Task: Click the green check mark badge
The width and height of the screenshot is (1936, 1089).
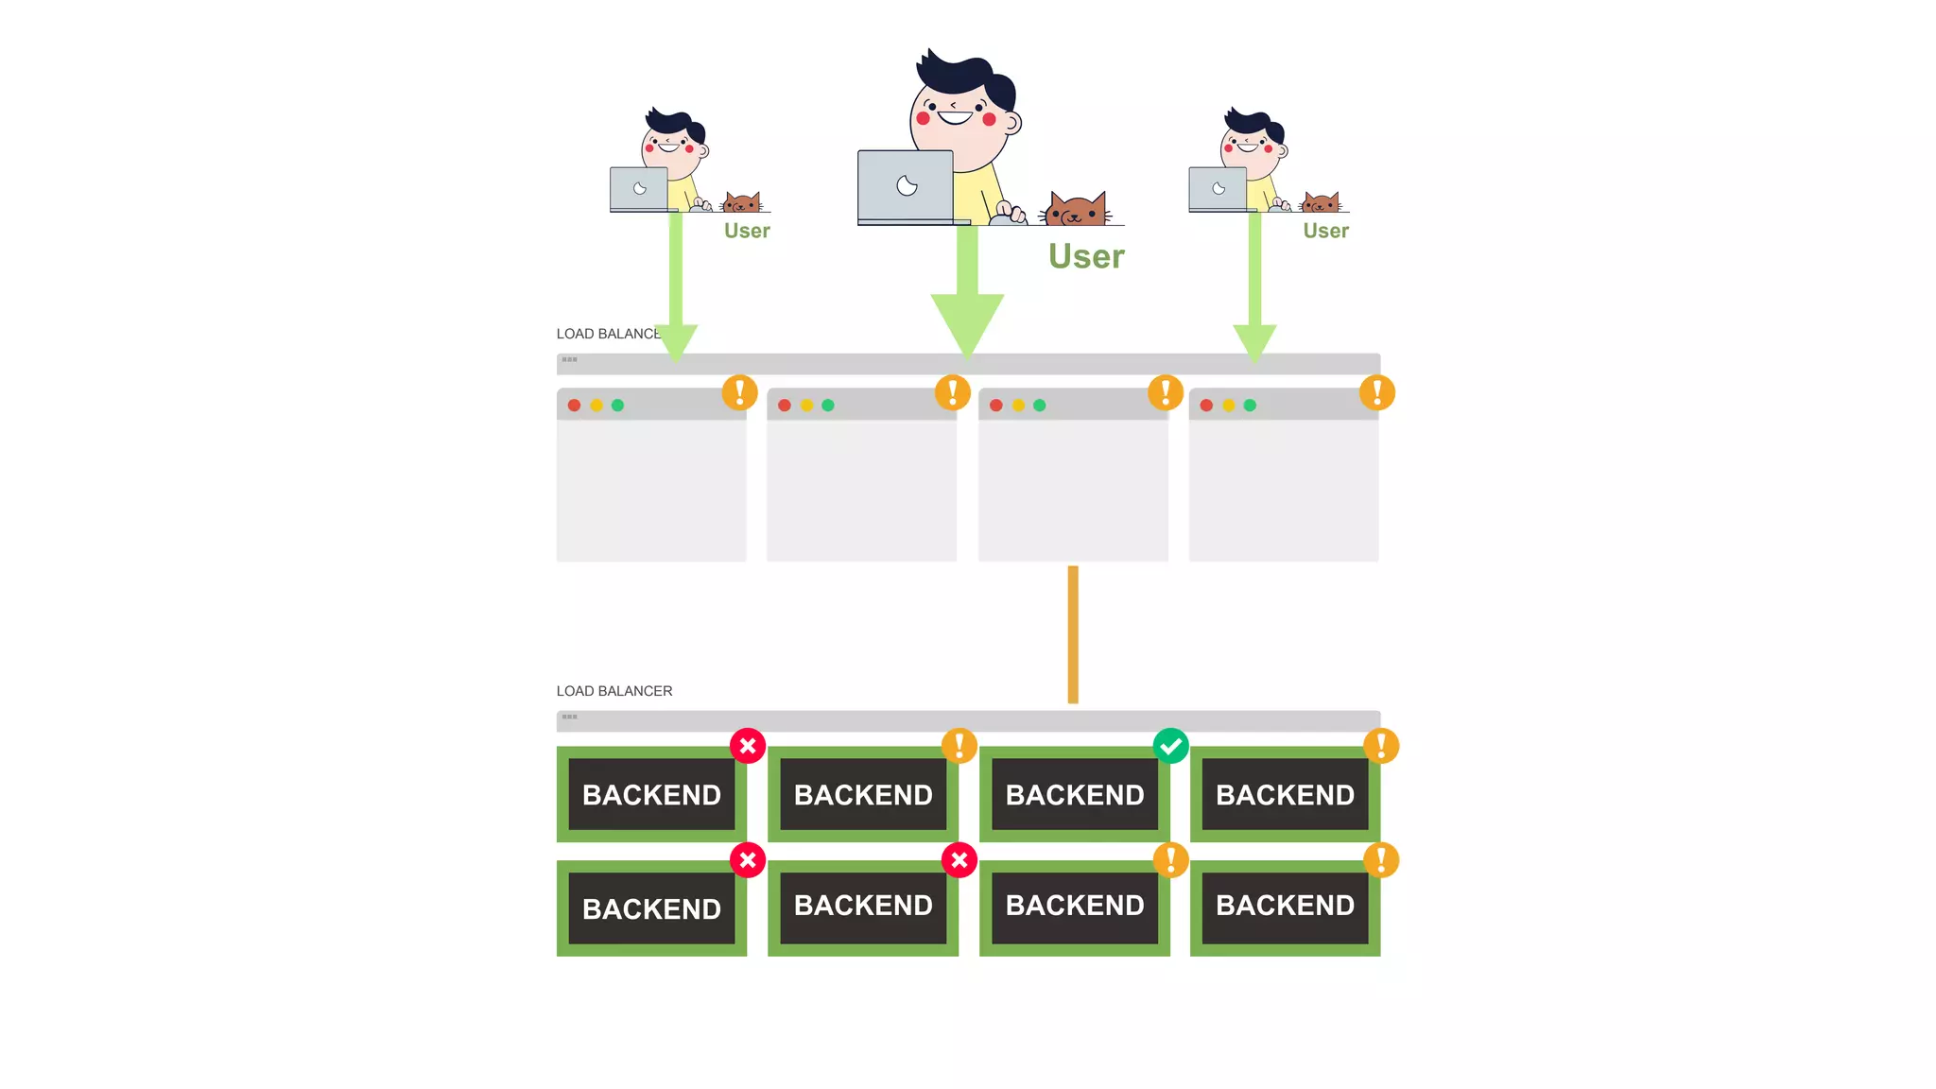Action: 1170,746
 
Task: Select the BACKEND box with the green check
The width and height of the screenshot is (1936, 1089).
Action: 1075,795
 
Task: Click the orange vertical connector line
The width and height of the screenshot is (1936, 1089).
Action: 1073,634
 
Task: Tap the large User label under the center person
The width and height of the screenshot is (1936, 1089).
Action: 1086,256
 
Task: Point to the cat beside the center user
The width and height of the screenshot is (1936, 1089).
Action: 1076,209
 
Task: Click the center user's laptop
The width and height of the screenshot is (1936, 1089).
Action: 906,186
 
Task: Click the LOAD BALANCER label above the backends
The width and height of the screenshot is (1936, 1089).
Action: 614,691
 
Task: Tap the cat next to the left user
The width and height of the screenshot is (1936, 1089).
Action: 742,202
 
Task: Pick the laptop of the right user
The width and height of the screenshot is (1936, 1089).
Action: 1218,189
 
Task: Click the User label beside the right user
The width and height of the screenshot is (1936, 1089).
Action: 1325,231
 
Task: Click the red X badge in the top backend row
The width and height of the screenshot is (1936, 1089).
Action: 748,746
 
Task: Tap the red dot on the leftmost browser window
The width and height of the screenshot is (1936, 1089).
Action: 574,406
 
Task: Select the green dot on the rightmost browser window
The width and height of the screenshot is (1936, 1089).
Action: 1250,406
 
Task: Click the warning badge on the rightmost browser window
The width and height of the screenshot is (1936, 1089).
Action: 1377,392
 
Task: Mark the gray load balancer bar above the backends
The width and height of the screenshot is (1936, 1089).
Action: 968,720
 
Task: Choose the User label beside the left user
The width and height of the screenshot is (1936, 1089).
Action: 747,231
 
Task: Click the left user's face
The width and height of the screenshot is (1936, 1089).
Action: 669,147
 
